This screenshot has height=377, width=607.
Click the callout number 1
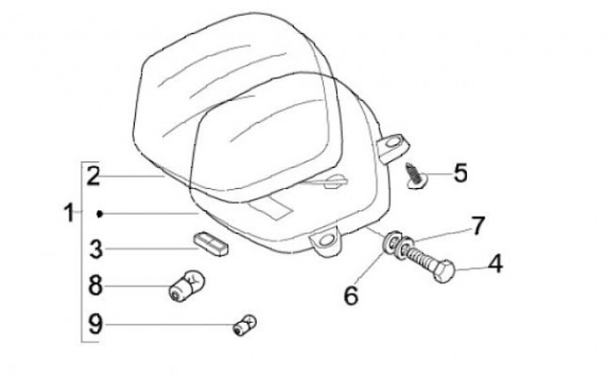coord(69,213)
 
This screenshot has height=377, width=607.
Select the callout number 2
coord(94,176)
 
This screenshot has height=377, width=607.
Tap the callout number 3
coord(96,249)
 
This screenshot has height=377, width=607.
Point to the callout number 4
coord(495,264)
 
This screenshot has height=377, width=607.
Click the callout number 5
coord(460,173)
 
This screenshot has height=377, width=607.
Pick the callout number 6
coord(351,295)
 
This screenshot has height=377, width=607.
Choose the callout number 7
coord(478,226)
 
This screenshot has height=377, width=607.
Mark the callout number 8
coord(95,286)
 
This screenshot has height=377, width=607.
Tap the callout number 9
coord(95,324)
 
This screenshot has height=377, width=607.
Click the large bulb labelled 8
coord(186,286)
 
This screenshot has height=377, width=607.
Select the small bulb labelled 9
coord(244,326)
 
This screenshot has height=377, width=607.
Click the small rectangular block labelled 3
coord(211,244)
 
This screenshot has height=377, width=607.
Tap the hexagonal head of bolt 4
coord(444,271)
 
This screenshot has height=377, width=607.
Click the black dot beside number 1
coord(99,213)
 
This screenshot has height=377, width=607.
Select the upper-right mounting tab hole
coord(393,143)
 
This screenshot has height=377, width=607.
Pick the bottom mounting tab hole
coord(326,240)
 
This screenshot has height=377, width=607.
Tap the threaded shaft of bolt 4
coord(419,258)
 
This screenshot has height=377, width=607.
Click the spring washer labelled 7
coord(406,247)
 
